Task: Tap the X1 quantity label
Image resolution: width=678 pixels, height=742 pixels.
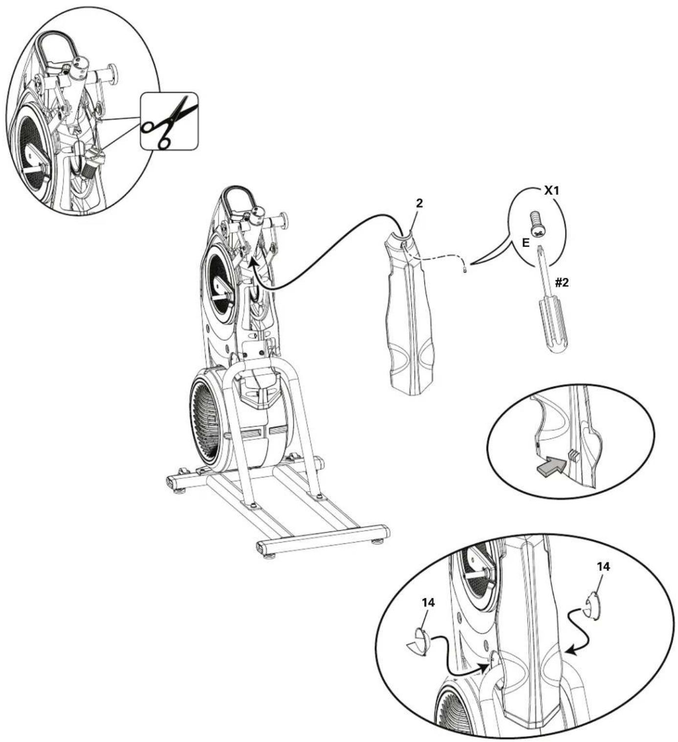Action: coord(551,191)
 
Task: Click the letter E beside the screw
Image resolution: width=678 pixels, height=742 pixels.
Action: coord(525,243)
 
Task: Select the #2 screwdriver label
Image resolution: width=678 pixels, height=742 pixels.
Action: coord(562,282)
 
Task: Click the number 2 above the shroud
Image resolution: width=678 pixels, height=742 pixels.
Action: coord(419,204)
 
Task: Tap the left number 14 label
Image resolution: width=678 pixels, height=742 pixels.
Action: coord(428,603)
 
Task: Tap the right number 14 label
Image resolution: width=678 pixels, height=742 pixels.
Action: coord(603,566)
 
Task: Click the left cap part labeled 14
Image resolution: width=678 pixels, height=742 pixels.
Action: coord(417,640)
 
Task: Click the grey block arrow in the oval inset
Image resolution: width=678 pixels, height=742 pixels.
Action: coord(549,467)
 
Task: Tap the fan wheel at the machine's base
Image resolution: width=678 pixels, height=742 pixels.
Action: coord(208,419)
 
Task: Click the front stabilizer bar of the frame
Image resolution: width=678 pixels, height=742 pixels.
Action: coord(323,540)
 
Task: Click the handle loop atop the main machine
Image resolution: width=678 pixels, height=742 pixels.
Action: coord(237,198)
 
